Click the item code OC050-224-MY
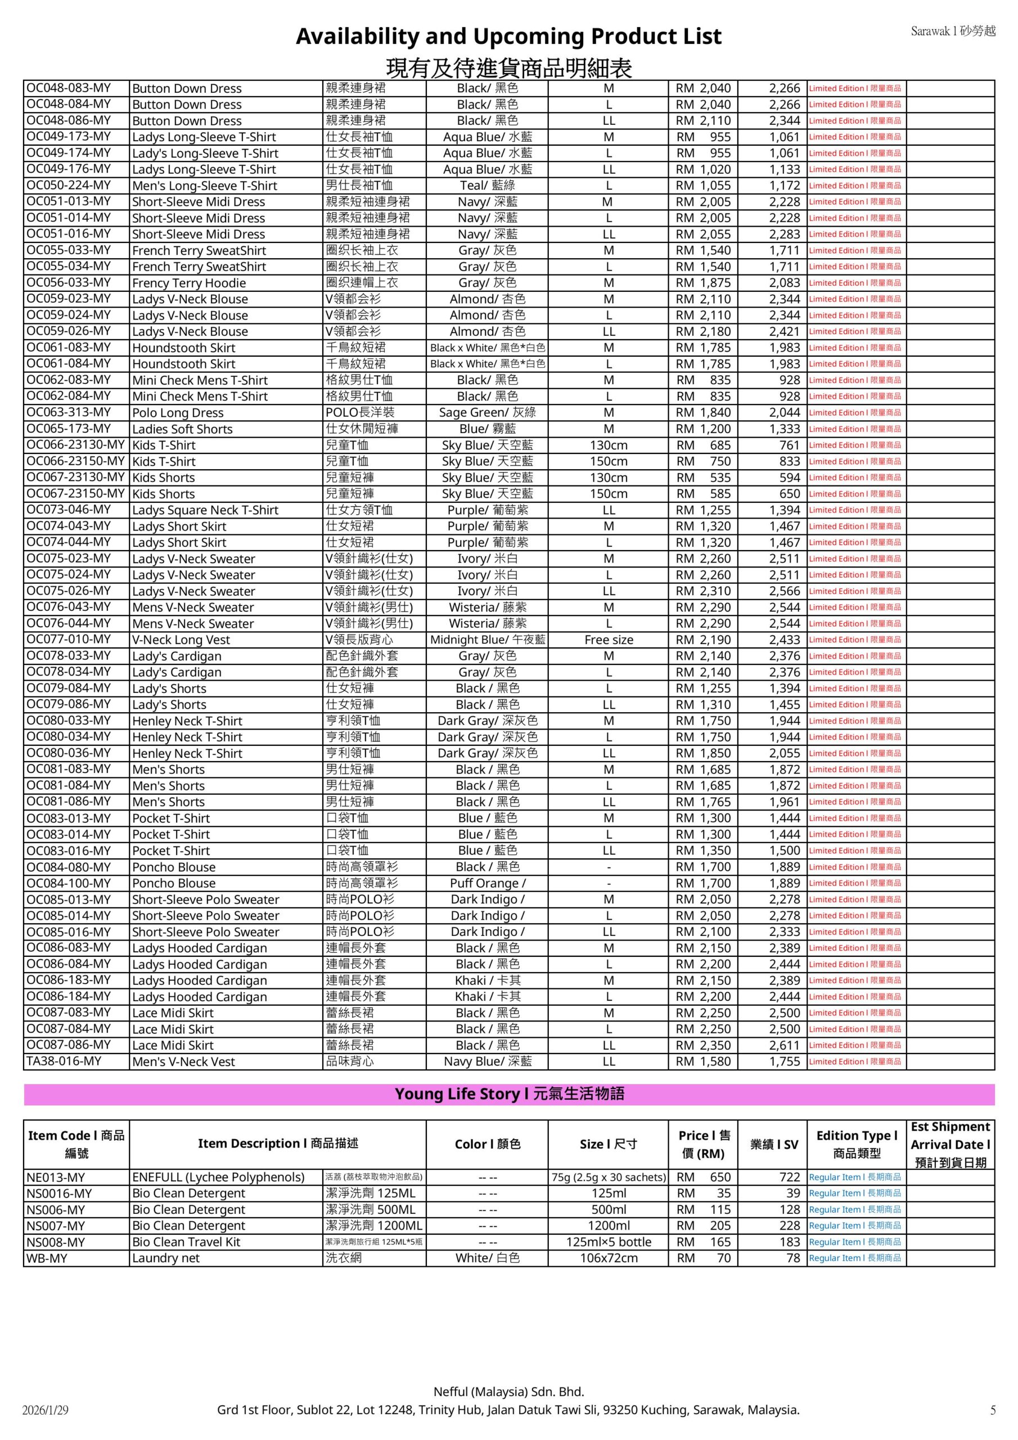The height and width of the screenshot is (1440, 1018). pos(69,185)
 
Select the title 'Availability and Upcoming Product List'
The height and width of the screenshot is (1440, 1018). pos(508,37)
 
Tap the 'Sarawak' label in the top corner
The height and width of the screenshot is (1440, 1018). pos(953,31)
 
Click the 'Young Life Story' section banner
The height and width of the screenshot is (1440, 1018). pos(508,1095)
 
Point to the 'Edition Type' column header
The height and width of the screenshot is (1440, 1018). pos(856,1144)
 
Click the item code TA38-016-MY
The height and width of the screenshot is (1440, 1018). pos(64,1061)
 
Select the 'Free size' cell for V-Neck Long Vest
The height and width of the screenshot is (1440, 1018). pos(608,640)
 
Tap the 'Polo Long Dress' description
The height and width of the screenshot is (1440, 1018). pos(178,413)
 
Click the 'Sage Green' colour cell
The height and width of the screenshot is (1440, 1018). pos(488,413)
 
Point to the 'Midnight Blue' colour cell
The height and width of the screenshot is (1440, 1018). pos(488,640)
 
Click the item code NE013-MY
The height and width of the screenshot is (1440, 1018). pos(55,1177)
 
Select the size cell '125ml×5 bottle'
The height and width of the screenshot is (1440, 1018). pos(608,1242)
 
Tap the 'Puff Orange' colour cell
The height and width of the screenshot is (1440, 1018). pos(488,883)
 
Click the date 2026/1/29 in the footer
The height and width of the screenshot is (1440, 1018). pos(44,1411)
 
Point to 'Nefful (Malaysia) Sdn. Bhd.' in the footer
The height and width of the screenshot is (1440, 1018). pos(508,1392)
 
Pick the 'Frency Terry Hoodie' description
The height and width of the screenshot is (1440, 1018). pos(189,283)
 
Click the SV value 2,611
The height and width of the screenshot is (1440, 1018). pos(785,1045)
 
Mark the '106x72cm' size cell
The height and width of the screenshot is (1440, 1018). pos(608,1258)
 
